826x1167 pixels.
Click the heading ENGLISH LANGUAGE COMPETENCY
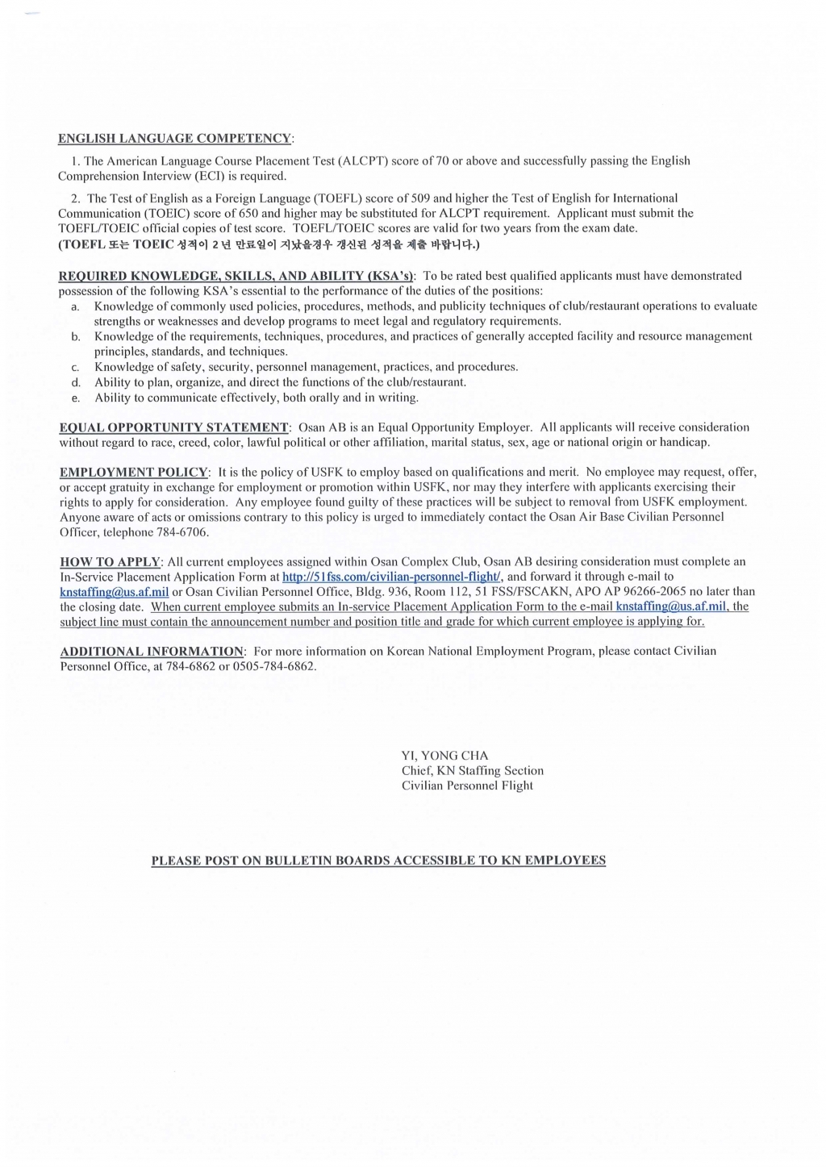click(x=174, y=139)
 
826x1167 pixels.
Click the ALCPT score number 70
click(x=442, y=160)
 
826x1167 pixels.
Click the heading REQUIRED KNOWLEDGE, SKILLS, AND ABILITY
click(x=236, y=276)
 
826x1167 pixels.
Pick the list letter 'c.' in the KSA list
click(x=75, y=368)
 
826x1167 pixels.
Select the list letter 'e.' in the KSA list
click(x=75, y=398)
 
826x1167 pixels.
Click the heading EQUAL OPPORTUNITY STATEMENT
click(x=174, y=427)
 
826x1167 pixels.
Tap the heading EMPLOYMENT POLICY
click(x=134, y=473)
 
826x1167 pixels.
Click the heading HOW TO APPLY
click(x=111, y=562)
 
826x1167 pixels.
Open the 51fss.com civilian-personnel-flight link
click(x=391, y=577)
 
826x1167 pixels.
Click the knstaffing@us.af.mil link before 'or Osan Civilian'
click(x=115, y=592)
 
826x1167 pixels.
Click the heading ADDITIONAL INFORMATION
click(x=152, y=652)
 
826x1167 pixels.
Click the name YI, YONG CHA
click(x=444, y=756)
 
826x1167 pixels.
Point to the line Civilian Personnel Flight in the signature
click(x=467, y=786)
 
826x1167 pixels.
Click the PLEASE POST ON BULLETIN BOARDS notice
click(x=378, y=861)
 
